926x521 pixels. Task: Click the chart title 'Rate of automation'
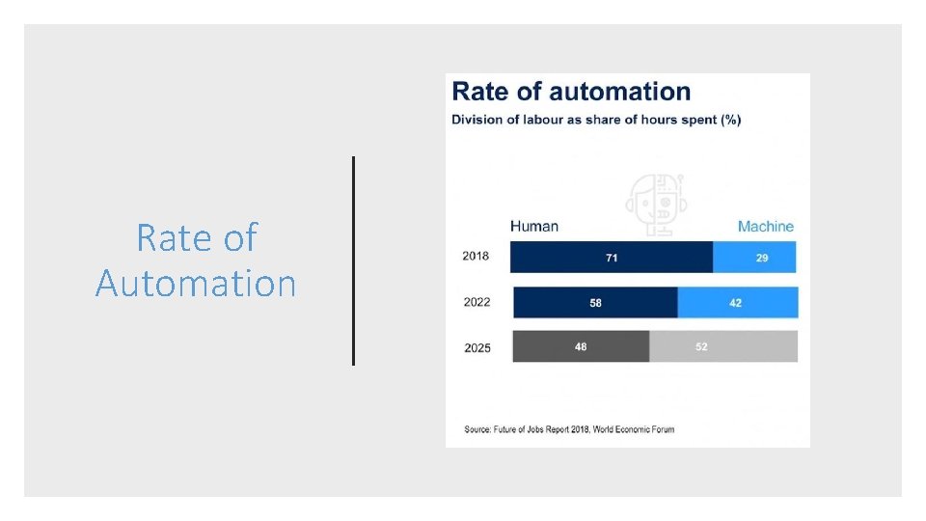pyautogui.click(x=571, y=92)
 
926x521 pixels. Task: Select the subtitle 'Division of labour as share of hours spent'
pyautogui.click(x=596, y=120)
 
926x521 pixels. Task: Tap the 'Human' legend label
pyautogui.click(x=534, y=226)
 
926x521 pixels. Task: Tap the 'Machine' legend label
pyautogui.click(x=765, y=227)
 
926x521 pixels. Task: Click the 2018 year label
pyautogui.click(x=476, y=257)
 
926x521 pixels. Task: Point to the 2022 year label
pyautogui.click(x=477, y=302)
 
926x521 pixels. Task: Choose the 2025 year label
pyautogui.click(x=477, y=347)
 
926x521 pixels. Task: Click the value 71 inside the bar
pyautogui.click(x=612, y=258)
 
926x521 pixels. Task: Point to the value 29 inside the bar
pyautogui.click(x=762, y=258)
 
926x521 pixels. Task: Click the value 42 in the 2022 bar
pyautogui.click(x=736, y=302)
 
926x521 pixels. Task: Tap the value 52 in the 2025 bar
pyautogui.click(x=701, y=346)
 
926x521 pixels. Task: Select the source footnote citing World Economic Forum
pyautogui.click(x=569, y=428)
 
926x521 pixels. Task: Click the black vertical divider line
pyautogui.click(x=354, y=260)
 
